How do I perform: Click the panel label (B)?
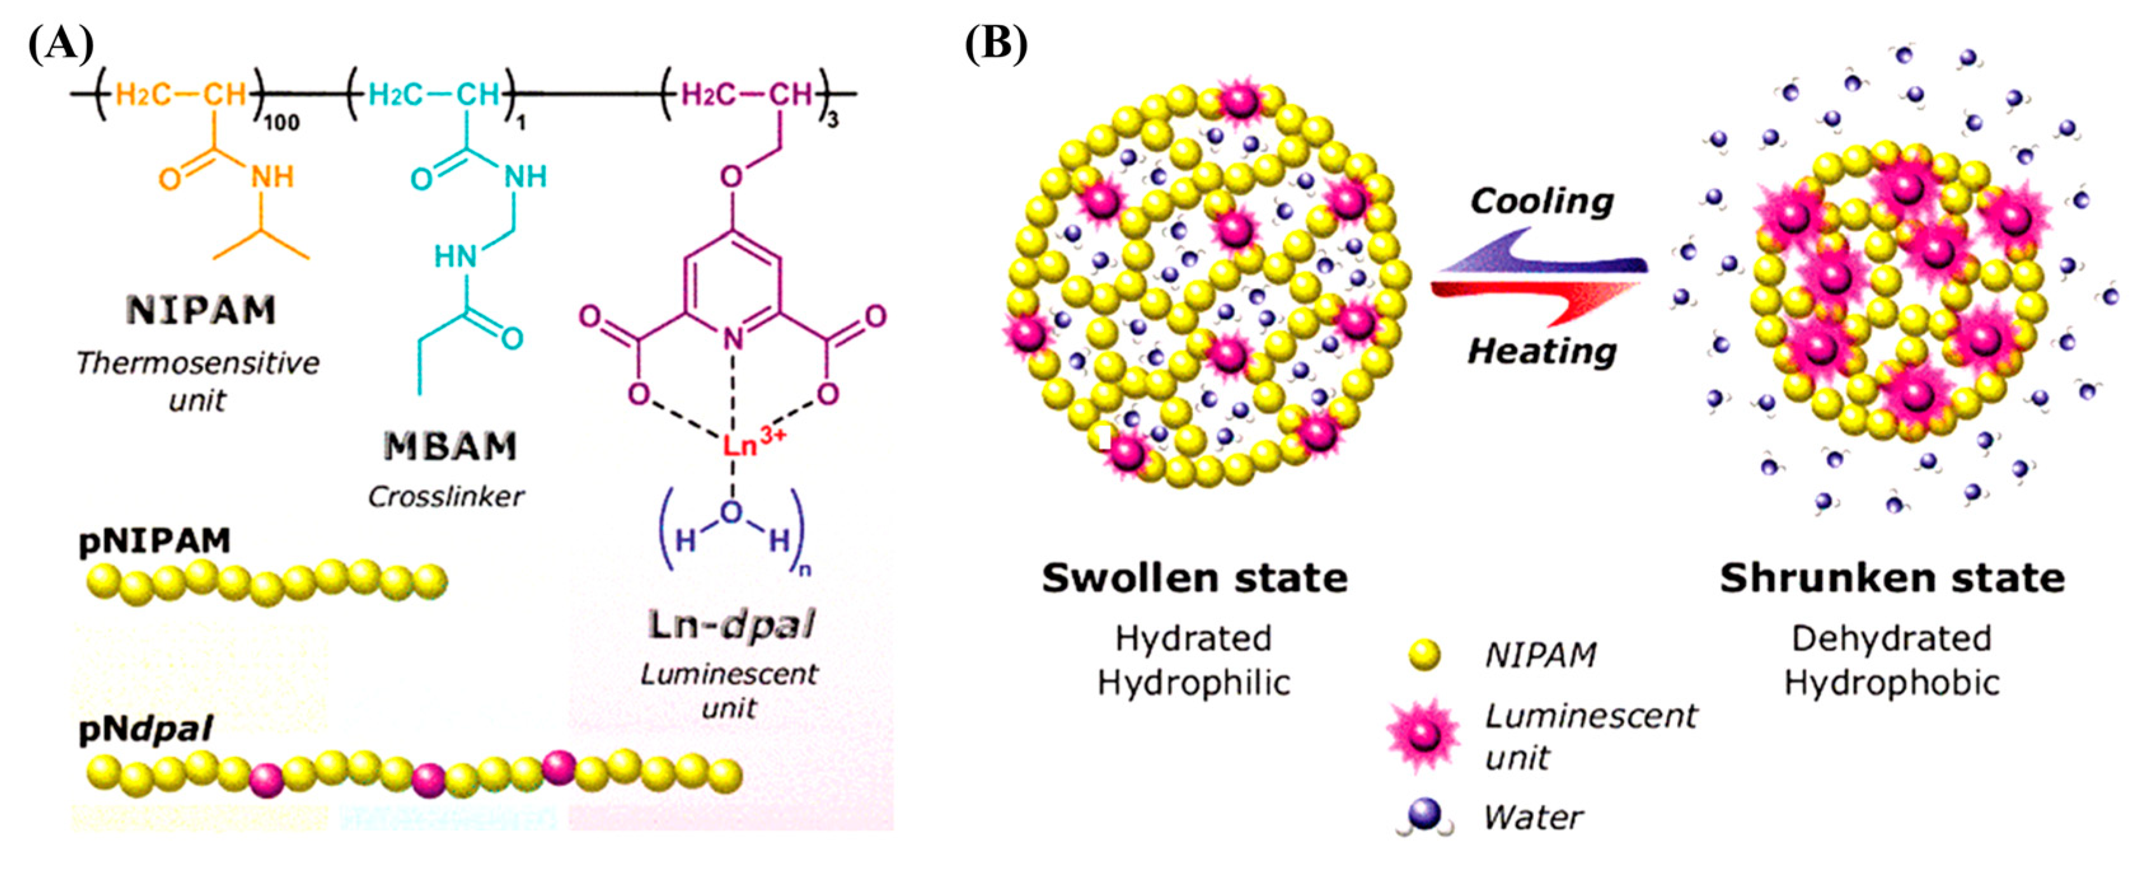[x=996, y=43]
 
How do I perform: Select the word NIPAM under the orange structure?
[x=201, y=310]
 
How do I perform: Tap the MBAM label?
[x=450, y=447]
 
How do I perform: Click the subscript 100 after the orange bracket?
[x=281, y=124]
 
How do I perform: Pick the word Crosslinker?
[x=446, y=497]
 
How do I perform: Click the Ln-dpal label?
[x=731, y=625]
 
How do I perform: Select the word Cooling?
[x=1541, y=201]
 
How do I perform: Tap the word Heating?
[x=1541, y=351]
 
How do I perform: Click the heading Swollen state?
[x=1194, y=577]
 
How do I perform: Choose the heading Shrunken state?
[x=1892, y=577]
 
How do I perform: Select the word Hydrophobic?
[x=1892, y=683]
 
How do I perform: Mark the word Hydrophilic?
[x=1194, y=683]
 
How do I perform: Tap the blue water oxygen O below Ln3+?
[x=731, y=513]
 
